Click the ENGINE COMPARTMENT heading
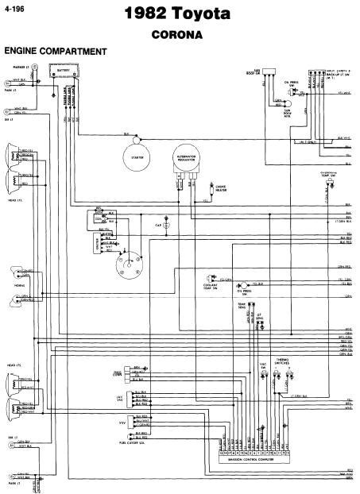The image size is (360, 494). pyautogui.click(x=55, y=52)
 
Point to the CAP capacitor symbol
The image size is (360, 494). pyautogui.click(x=166, y=226)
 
